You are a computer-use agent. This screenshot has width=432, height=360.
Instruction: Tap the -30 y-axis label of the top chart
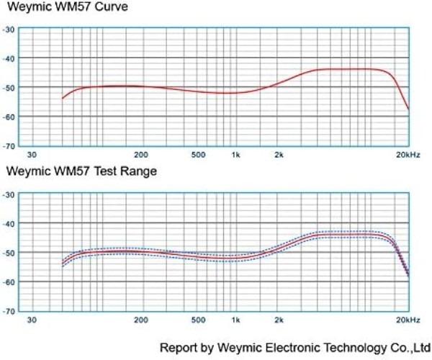point(9,29)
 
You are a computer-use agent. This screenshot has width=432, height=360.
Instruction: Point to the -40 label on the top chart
point(9,58)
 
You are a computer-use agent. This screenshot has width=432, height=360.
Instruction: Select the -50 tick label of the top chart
point(9,87)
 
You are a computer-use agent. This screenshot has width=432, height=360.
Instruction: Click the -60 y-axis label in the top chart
point(9,117)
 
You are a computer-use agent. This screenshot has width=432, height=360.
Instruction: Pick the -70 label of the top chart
point(9,146)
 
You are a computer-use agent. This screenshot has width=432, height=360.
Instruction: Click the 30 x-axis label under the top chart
point(32,155)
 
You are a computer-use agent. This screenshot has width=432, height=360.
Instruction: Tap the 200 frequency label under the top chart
point(141,155)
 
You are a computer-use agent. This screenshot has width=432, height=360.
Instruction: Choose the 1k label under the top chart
point(235,155)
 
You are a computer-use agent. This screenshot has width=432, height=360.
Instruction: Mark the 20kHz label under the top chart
point(408,155)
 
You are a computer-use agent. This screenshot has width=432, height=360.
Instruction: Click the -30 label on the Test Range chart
point(9,194)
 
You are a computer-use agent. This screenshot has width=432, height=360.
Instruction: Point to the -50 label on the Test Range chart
point(9,253)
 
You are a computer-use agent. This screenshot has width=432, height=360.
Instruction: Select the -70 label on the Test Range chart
point(9,311)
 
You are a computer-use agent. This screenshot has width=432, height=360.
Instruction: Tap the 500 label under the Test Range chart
point(199,319)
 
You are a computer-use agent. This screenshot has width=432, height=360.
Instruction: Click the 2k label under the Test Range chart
point(279,319)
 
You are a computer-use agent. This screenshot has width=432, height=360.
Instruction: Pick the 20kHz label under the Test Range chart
point(408,319)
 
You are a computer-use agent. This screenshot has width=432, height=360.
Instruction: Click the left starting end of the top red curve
point(63,98)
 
